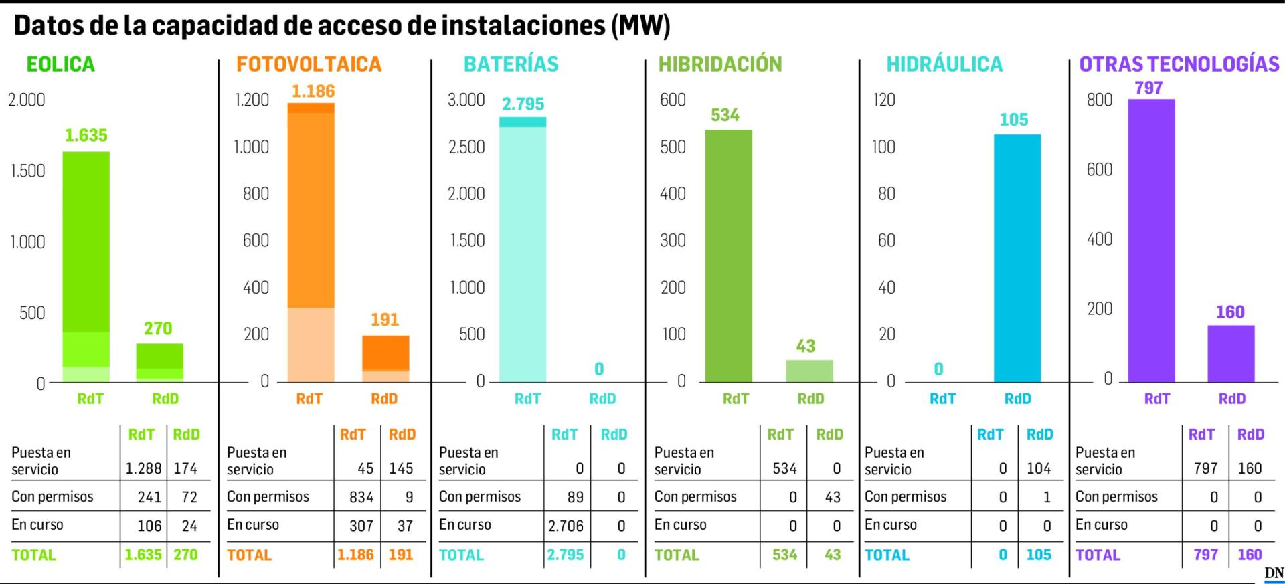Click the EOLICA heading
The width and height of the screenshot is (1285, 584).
[x=60, y=64]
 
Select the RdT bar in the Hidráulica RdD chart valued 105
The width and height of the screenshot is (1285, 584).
[x=1017, y=258]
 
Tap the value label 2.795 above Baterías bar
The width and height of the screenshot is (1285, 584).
[x=523, y=104]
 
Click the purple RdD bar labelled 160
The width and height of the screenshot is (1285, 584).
[x=1231, y=353]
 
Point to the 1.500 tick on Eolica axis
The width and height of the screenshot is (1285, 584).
[x=27, y=171]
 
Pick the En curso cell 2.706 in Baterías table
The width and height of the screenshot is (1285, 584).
[x=566, y=526]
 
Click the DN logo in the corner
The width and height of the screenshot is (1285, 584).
[x=1274, y=573]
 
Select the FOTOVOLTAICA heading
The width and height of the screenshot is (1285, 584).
[x=309, y=64]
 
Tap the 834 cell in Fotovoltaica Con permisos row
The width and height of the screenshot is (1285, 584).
[x=361, y=497]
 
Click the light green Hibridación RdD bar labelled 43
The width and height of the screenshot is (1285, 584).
[x=809, y=371]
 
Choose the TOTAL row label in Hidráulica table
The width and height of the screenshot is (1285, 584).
[x=887, y=555]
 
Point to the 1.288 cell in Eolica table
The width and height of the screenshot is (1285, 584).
[x=143, y=468]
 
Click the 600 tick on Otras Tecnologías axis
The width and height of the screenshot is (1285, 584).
[x=1100, y=169]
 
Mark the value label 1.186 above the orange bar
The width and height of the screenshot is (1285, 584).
[x=313, y=92]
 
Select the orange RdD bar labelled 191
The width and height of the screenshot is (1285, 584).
[x=385, y=358]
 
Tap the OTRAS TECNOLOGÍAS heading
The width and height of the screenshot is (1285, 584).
[x=1179, y=64]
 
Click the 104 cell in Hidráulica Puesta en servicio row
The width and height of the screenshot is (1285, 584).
[x=1039, y=468]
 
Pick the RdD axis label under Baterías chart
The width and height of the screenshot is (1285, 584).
[x=602, y=399]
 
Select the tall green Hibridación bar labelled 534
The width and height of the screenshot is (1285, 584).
[x=729, y=256]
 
